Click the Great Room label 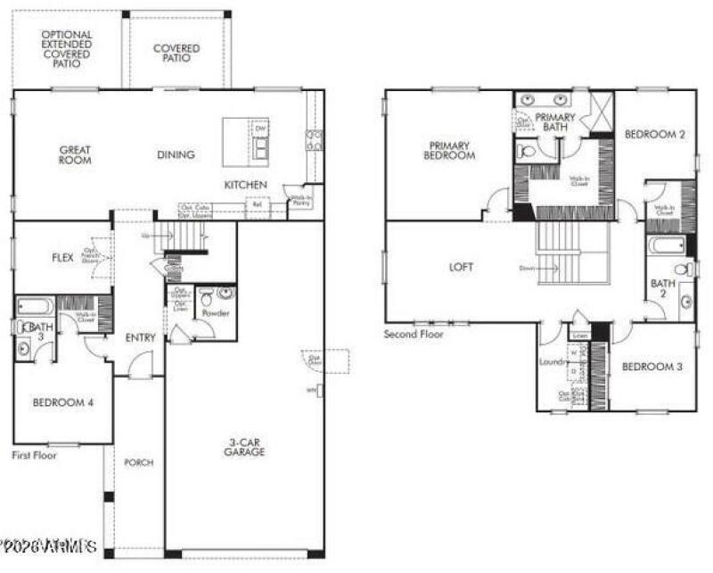76,155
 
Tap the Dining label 176,155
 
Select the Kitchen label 245,185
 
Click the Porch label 138,462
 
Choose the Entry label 141,337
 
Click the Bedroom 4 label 62,403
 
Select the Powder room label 216,314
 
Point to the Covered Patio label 176,54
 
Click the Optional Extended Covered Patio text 67,48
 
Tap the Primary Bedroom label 451,150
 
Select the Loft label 461,267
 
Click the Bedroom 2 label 654,135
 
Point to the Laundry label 553,362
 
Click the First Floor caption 34,455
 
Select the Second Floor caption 414,334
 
